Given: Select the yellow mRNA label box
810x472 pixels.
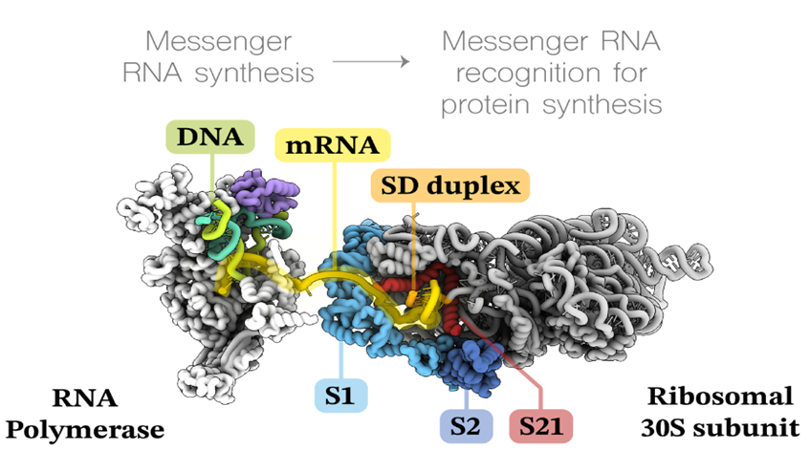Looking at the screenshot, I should (332, 146).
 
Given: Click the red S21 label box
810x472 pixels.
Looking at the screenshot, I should (541, 426).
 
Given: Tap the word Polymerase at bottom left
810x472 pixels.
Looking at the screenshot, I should (85, 429).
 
